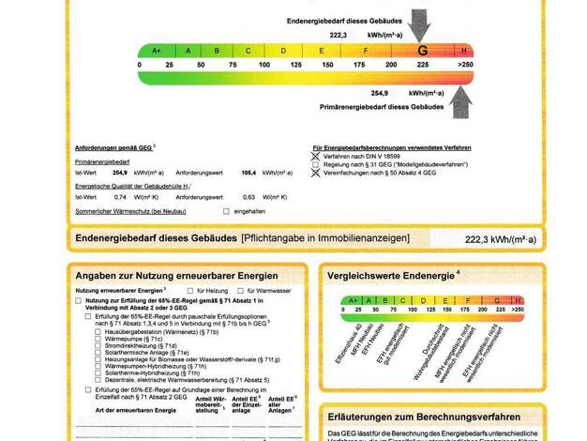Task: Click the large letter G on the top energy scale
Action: (x=423, y=50)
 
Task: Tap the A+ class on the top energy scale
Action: (x=156, y=51)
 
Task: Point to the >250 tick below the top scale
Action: (x=464, y=65)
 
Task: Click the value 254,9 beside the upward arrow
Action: (x=379, y=93)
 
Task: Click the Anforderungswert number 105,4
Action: (x=249, y=173)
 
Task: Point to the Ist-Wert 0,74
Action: (x=120, y=196)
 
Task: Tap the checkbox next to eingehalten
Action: (x=227, y=211)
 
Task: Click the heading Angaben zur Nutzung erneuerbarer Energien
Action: (x=176, y=276)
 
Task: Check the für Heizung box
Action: (x=188, y=291)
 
